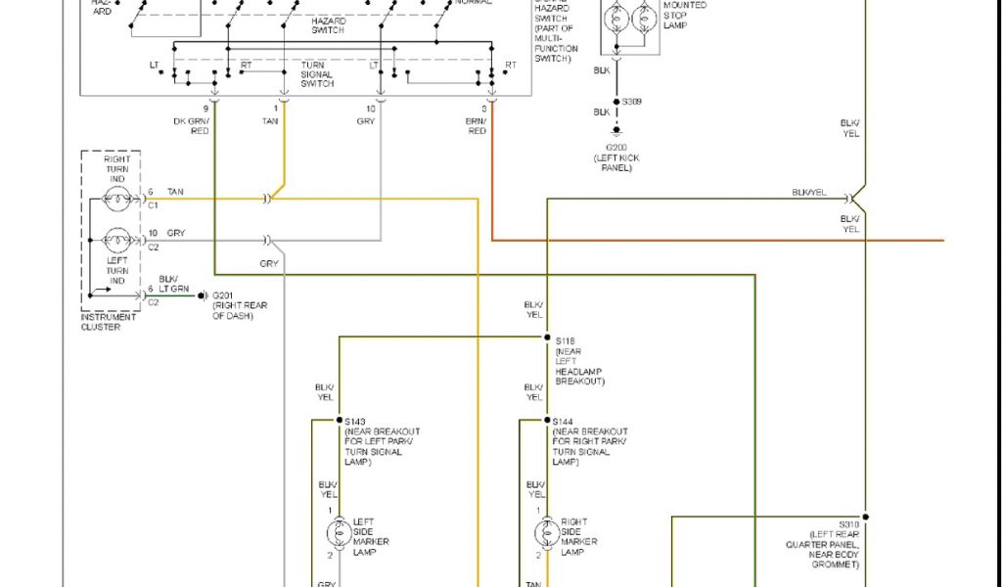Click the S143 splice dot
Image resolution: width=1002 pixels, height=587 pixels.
pyautogui.click(x=339, y=421)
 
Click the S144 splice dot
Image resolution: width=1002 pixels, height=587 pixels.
pyautogui.click(x=546, y=421)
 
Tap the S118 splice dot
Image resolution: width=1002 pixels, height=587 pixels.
pyautogui.click(x=546, y=338)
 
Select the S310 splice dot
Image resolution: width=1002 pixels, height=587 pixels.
pyautogui.click(x=864, y=516)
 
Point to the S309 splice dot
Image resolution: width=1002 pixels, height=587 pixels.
pyautogui.click(x=616, y=101)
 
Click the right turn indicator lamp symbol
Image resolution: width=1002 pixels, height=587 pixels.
pyautogui.click(x=116, y=203)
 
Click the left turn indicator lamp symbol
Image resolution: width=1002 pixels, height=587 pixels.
pyautogui.click(x=116, y=240)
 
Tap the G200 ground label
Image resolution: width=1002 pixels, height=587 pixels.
pyautogui.click(x=616, y=148)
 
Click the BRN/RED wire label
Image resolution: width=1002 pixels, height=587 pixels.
pyautogui.click(x=477, y=125)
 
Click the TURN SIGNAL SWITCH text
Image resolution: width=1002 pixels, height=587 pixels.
pyautogui.click(x=317, y=74)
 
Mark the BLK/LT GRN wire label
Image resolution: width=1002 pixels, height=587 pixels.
pyautogui.click(x=174, y=284)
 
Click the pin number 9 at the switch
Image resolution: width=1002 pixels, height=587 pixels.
pyautogui.click(x=206, y=108)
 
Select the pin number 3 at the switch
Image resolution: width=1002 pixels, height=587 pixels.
pyautogui.click(x=484, y=108)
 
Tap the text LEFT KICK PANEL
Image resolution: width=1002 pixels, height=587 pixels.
pyautogui.click(x=616, y=162)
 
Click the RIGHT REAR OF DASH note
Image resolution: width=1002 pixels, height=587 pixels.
pyautogui.click(x=240, y=310)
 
